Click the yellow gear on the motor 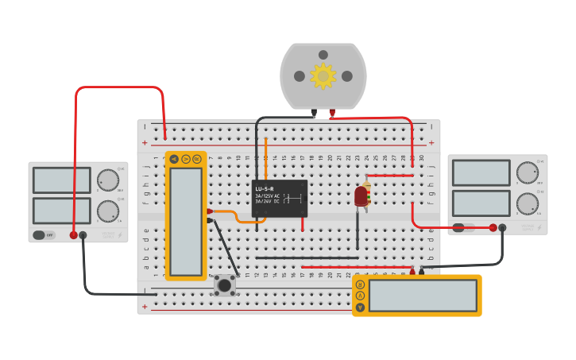click(323, 76)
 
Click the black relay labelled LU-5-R click(280, 198)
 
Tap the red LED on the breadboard click(361, 195)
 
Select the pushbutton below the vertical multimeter click(225, 285)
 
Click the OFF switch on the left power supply click(44, 235)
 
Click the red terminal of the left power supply click(74, 235)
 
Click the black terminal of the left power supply click(83, 235)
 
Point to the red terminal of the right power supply click(493, 228)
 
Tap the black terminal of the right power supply click(502, 228)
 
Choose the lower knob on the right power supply click(527, 203)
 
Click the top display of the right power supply click(481, 172)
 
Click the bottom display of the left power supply click(61, 211)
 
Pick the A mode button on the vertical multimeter click(174, 159)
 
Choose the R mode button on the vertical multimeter click(196, 159)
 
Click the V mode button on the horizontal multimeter click(360, 296)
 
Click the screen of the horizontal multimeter click(422, 296)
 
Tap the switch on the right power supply click(464, 228)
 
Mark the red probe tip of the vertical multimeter click(210, 211)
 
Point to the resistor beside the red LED click(368, 192)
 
